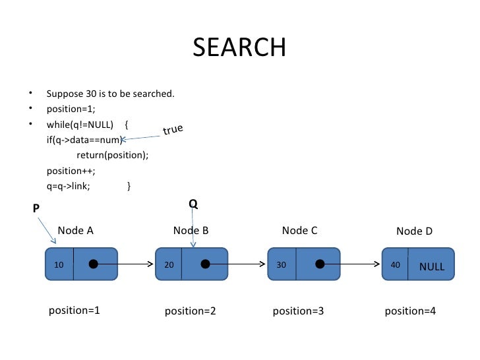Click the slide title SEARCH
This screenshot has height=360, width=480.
click(x=239, y=47)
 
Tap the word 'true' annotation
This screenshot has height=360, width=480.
click(x=173, y=130)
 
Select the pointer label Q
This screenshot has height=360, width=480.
click(x=193, y=204)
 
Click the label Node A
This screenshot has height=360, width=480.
click(x=76, y=230)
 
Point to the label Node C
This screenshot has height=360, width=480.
click(x=299, y=230)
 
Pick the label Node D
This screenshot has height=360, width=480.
click(x=414, y=231)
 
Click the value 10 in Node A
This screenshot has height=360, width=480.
click(x=59, y=265)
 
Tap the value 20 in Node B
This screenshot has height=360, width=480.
click(x=169, y=265)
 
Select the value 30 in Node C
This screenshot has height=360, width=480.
click(x=282, y=265)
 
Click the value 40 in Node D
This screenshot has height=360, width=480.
click(x=396, y=265)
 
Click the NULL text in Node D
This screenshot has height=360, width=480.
click(x=432, y=267)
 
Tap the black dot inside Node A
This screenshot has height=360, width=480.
click(x=94, y=264)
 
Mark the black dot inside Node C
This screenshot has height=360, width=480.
click(x=320, y=264)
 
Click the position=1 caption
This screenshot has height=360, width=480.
click(x=75, y=310)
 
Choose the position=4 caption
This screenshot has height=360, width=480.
click(x=410, y=311)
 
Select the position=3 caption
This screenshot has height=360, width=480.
click(x=298, y=311)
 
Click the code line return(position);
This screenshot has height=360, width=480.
click(x=113, y=155)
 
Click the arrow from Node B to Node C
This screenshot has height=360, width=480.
click(x=237, y=264)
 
